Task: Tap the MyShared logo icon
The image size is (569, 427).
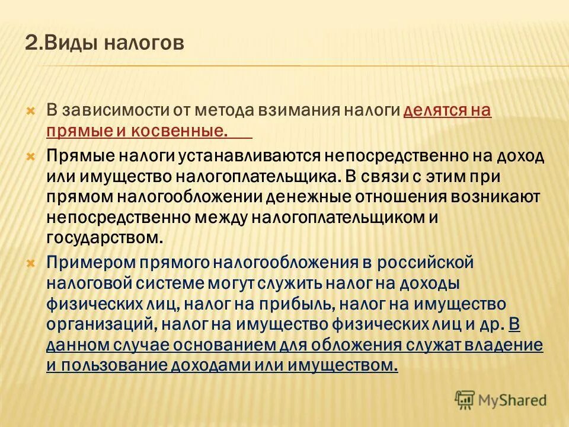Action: [x=464, y=399]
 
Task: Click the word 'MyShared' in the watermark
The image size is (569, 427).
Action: [x=513, y=400]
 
